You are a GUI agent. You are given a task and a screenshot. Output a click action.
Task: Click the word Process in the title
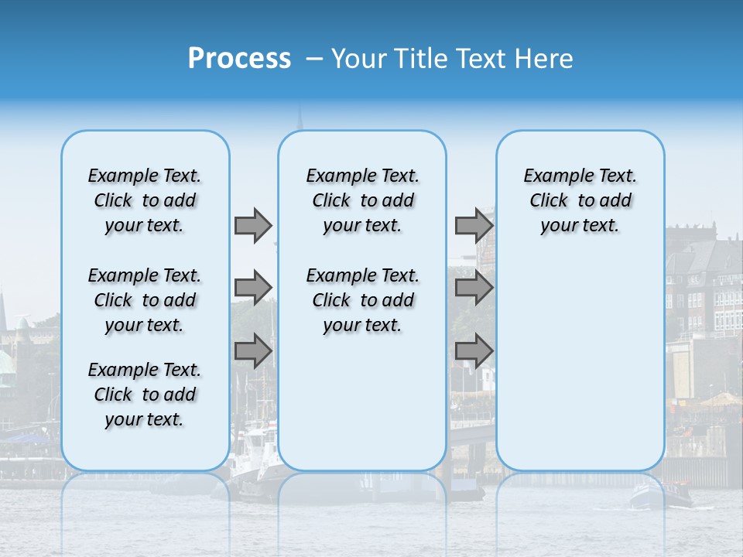click(239, 58)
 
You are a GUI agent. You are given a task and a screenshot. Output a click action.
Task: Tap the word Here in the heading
click(546, 59)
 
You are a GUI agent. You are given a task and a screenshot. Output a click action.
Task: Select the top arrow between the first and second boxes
click(252, 225)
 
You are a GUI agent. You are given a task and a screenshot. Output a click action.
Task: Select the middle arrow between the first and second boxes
click(252, 288)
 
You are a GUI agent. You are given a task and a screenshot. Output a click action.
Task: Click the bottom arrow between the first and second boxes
click(252, 350)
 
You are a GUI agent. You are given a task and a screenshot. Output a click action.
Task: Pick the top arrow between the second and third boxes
click(474, 225)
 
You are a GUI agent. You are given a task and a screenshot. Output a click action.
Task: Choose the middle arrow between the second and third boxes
click(474, 288)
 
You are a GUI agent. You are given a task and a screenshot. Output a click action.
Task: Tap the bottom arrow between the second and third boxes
click(474, 350)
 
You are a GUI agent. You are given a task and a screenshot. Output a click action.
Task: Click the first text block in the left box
click(145, 200)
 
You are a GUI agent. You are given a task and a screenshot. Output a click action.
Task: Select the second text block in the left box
click(145, 300)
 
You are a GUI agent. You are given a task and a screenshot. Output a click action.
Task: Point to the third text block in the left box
click(145, 395)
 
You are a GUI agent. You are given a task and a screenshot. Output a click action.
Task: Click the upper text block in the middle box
click(362, 200)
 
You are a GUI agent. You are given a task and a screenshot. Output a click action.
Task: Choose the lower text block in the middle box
click(362, 300)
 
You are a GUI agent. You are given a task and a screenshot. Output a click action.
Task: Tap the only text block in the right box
click(580, 200)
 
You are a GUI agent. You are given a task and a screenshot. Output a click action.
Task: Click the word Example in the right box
click(551, 176)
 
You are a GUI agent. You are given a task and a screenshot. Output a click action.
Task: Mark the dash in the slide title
click(314, 59)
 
